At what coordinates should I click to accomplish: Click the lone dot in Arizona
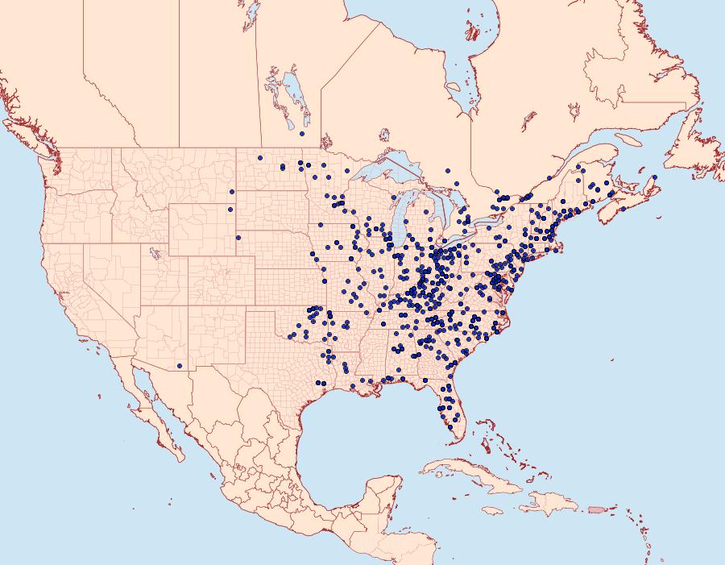click(x=180, y=366)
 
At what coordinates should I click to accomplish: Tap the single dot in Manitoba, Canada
click(x=301, y=134)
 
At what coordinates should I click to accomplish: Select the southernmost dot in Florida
click(x=449, y=427)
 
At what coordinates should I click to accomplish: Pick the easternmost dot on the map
click(x=655, y=177)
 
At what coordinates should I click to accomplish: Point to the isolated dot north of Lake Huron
click(x=447, y=170)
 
